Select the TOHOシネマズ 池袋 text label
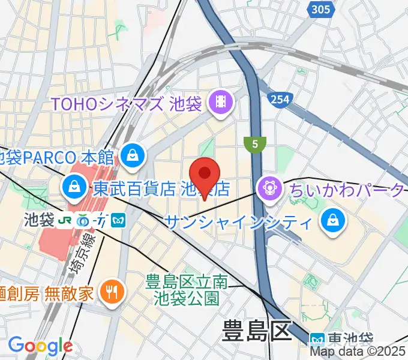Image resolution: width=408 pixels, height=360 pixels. tap(126, 104)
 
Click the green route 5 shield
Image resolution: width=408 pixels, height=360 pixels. tap(255, 144)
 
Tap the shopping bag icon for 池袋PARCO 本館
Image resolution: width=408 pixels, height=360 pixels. tap(130, 157)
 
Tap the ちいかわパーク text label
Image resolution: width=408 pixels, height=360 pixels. tap(347, 190)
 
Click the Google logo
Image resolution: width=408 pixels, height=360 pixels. tap(40, 346)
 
